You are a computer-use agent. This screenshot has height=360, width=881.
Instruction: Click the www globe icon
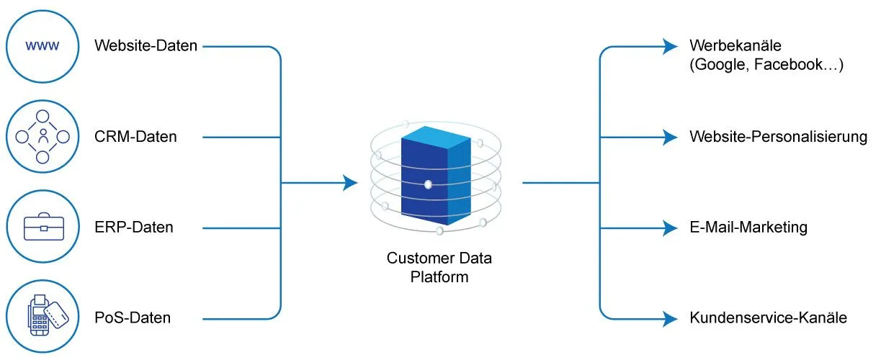[43, 46]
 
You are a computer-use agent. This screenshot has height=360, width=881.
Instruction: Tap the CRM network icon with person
[43, 136]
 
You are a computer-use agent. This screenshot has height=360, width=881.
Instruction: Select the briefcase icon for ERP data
[43, 227]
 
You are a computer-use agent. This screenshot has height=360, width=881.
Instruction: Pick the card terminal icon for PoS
[43, 317]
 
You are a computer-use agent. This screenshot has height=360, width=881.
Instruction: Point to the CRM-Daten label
[135, 137]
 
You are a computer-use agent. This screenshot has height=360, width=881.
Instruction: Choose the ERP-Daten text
[135, 228]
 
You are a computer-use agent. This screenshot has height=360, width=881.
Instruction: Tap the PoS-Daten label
[133, 318]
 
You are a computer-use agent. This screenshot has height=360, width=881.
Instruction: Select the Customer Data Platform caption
[439, 267]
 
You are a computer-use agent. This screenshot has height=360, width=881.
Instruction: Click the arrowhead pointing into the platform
[351, 183]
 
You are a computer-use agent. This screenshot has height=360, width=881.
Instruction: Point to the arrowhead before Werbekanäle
[671, 47]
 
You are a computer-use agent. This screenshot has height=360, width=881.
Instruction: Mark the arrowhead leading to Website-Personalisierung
[671, 137]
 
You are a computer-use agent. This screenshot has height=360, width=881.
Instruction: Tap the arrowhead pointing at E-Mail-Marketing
[671, 228]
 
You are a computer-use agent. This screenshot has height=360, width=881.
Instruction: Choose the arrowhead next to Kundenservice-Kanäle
[671, 318]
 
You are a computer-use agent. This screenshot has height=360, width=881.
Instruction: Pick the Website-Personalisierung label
[778, 137]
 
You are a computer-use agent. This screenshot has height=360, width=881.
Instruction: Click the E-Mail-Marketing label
[748, 228]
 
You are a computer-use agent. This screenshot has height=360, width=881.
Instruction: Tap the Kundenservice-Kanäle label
[768, 318]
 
